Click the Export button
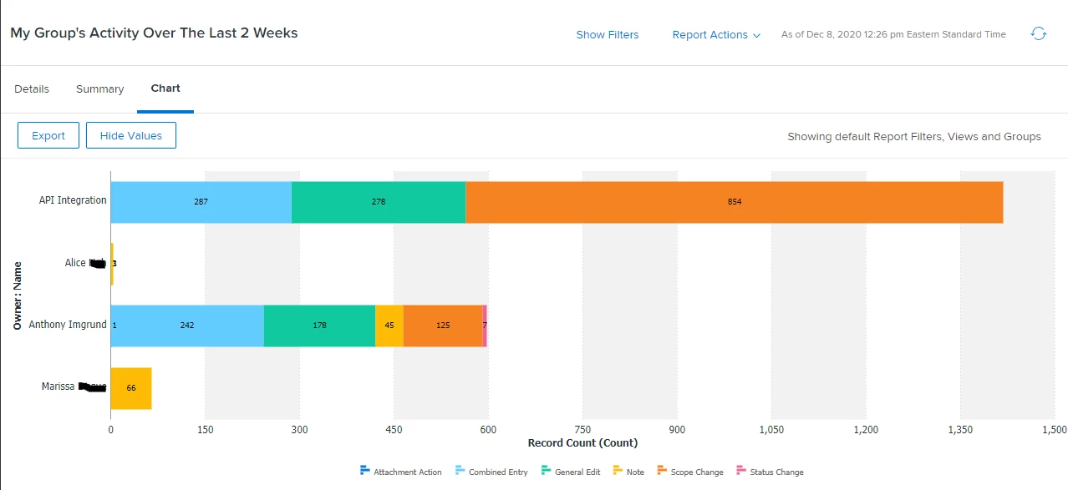click(48, 135)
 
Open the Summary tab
click(99, 89)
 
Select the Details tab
click(32, 89)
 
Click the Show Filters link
click(607, 35)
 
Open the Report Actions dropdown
click(716, 35)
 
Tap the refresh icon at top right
click(1039, 34)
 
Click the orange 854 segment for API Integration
click(734, 202)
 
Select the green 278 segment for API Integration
click(378, 202)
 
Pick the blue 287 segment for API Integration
click(201, 202)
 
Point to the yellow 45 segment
click(389, 326)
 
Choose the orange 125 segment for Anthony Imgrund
click(442, 326)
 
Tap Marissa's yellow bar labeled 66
click(131, 388)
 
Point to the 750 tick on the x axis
click(582, 430)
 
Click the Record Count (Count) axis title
click(582, 443)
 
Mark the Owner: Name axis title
click(17, 297)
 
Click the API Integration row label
click(73, 200)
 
